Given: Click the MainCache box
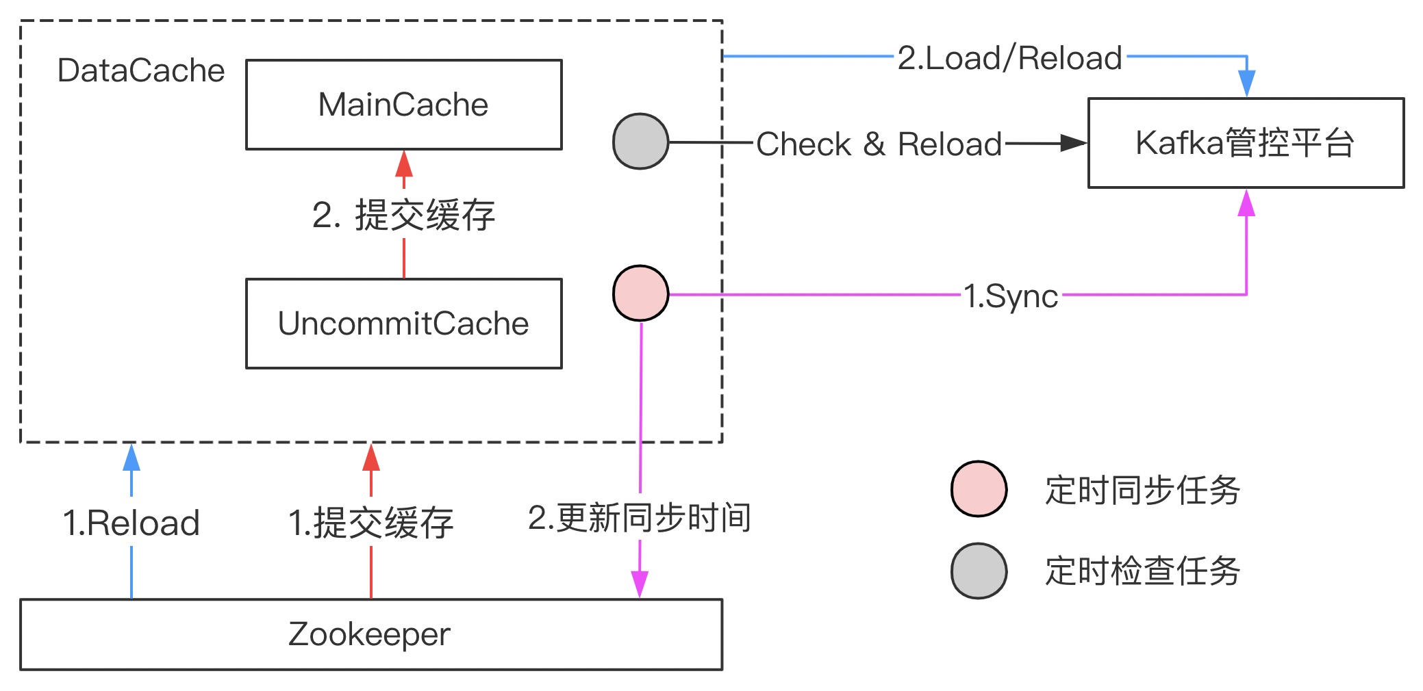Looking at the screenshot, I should [403, 105].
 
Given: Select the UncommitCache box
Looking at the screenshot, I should [403, 324].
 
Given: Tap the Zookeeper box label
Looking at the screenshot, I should [370, 634].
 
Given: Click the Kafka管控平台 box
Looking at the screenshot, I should [1245, 143].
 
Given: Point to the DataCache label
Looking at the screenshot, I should [141, 70].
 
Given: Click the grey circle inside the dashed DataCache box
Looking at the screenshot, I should [640, 142].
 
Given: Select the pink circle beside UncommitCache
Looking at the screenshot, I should [640, 294].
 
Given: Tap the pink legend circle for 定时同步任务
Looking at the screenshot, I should [979, 489].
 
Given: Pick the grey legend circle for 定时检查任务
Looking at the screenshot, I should [979, 571].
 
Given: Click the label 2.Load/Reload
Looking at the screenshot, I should [1009, 58].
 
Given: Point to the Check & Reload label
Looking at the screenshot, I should [879, 144].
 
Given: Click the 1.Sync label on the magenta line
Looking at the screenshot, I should [1011, 296].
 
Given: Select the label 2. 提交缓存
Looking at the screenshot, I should [403, 215].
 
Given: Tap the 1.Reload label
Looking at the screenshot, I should [131, 523].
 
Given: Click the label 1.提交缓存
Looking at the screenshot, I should [370, 523].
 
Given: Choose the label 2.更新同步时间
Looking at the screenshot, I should [640, 518].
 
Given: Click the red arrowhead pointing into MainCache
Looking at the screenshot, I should [404, 164].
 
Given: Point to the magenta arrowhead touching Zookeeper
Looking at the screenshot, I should [640, 584].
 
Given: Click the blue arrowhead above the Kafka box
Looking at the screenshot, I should [1246, 83].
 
